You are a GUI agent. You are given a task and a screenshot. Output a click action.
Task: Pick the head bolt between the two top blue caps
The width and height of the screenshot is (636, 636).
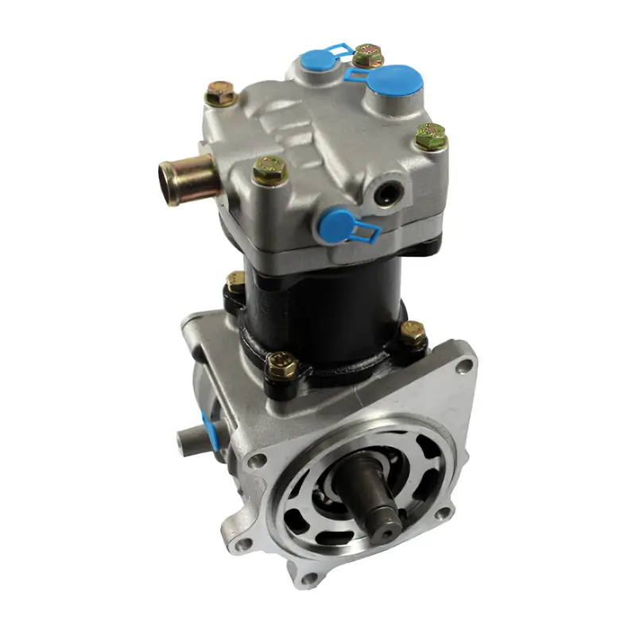point(366,55)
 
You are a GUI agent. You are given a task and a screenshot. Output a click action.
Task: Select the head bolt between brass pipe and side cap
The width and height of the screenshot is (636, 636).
point(270,169)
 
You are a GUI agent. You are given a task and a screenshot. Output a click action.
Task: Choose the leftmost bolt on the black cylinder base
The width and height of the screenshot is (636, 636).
point(235,281)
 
